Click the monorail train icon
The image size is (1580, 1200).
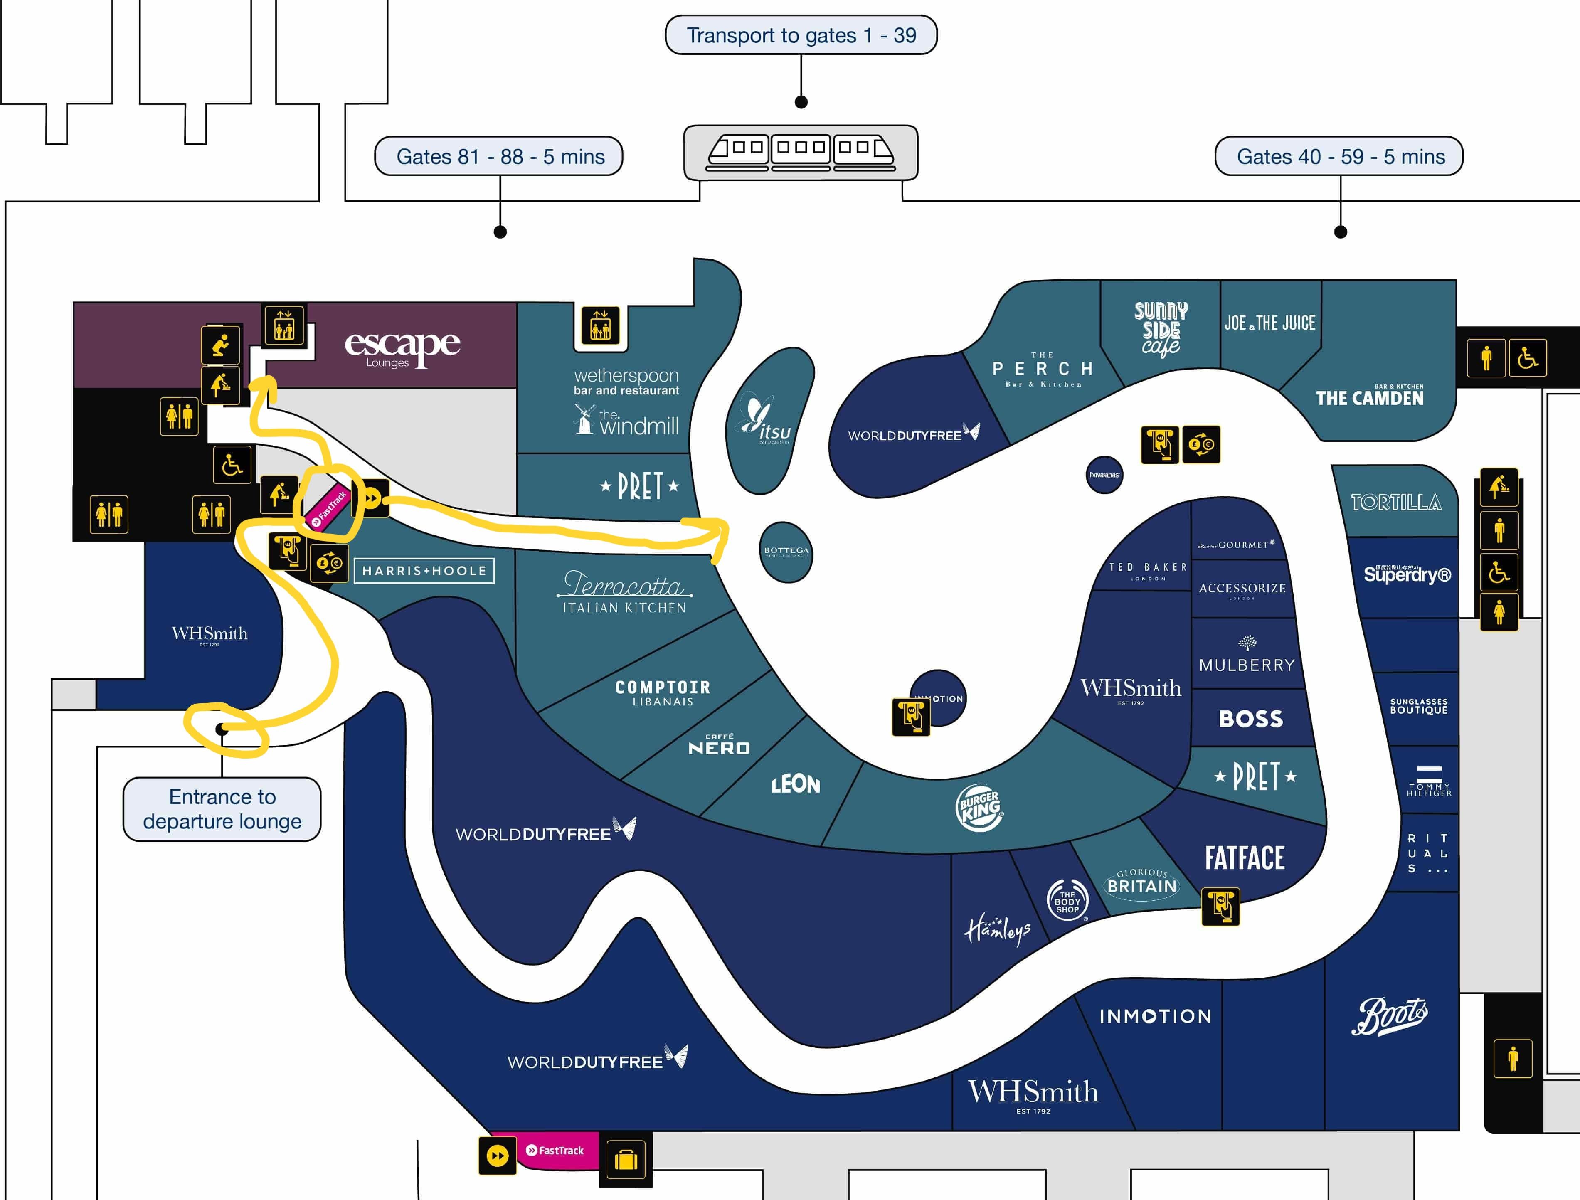[x=801, y=152]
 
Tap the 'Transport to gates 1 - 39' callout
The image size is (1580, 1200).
[x=801, y=35]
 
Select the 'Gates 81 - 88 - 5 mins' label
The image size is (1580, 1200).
[x=499, y=156]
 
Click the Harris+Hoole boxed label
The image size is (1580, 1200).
[x=424, y=571]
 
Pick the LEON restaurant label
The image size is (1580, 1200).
[x=795, y=784]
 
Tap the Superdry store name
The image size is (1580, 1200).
[x=1407, y=574]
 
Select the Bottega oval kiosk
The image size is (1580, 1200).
[x=786, y=552]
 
